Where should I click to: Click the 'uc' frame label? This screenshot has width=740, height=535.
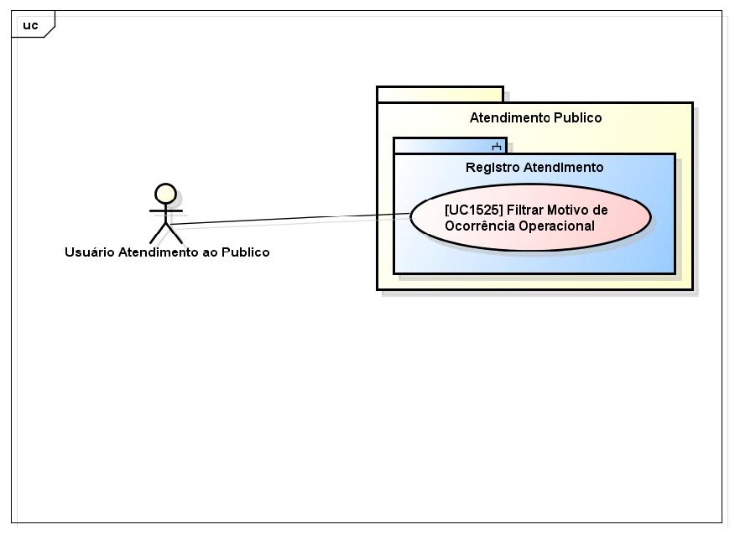(x=30, y=25)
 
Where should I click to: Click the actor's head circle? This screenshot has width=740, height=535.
(x=166, y=194)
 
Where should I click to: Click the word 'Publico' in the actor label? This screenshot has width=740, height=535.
(x=245, y=252)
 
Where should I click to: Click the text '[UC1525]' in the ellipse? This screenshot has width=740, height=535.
(x=473, y=210)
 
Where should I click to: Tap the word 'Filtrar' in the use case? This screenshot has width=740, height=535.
(x=524, y=210)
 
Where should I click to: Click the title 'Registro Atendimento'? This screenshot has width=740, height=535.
(x=534, y=167)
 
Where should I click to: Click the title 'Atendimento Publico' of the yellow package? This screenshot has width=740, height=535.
(x=535, y=117)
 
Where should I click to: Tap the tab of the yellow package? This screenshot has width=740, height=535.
(x=440, y=94)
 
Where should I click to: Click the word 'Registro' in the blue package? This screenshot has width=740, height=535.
(x=492, y=167)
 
